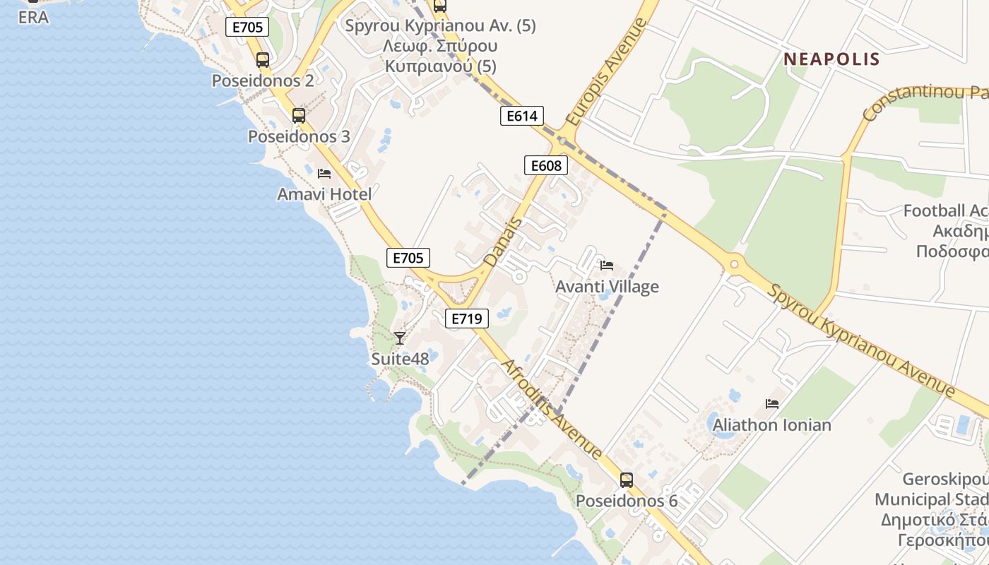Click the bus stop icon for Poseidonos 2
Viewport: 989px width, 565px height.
click(x=263, y=60)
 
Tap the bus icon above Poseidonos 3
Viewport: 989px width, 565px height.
click(x=299, y=116)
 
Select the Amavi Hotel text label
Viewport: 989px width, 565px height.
click(x=324, y=194)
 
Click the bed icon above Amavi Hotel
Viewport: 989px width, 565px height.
click(x=324, y=173)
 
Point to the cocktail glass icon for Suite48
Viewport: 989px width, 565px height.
click(x=400, y=338)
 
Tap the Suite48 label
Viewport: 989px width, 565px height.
click(x=400, y=359)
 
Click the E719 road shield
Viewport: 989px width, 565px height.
click(x=467, y=319)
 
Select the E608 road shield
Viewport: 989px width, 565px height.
click(x=546, y=165)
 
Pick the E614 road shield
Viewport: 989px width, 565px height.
click(x=521, y=116)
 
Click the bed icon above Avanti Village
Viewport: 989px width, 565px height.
click(x=607, y=266)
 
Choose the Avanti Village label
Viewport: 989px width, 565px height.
click(x=607, y=287)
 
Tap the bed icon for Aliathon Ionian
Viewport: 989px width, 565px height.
click(x=772, y=404)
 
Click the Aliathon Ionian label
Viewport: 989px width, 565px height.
click(x=771, y=425)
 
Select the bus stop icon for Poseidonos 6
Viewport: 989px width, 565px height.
click(x=627, y=480)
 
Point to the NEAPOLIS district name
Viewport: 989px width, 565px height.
click(x=831, y=59)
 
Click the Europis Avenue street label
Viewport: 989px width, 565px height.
click(x=606, y=73)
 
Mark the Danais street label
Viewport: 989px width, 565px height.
click(x=503, y=242)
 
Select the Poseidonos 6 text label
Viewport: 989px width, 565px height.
click(x=627, y=501)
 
